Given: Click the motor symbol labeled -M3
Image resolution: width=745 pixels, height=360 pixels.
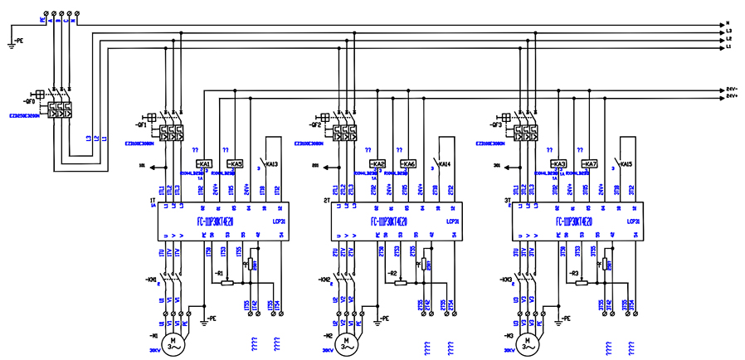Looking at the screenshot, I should tap(524, 342).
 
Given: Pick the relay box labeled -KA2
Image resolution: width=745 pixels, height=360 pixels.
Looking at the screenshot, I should tap(377, 164).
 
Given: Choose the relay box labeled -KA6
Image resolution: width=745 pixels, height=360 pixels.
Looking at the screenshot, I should tap(408, 164).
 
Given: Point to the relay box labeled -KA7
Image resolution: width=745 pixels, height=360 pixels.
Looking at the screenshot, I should tap(589, 164).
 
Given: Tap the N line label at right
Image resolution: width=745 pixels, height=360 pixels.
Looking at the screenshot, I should tap(728, 23).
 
